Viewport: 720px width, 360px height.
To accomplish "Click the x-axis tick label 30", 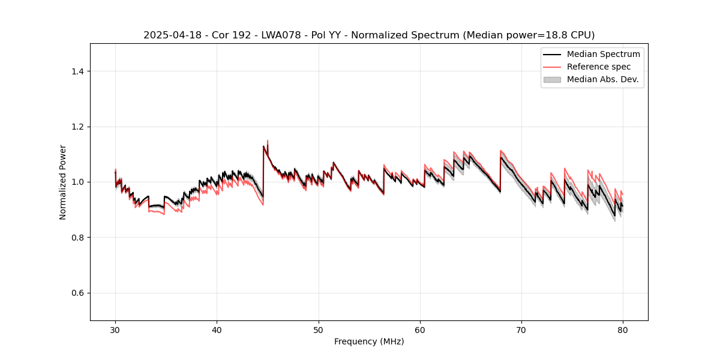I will pyautogui.click(x=115, y=329).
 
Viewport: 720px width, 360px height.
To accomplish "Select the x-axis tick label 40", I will pyautogui.click(x=217, y=329).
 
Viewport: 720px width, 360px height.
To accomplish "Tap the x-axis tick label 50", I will pyautogui.click(x=319, y=329).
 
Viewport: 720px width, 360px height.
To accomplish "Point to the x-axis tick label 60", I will pyautogui.click(x=420, y=329).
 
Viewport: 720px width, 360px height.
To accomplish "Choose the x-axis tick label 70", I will pyautogui.click(x=521, y=329).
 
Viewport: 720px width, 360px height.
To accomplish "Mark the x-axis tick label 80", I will pyautogui.click(x=623, y=329).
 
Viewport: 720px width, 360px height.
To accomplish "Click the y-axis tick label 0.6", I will pyautogui.click(x=77, y=293).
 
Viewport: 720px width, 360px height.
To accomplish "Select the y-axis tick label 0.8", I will pyautogui.click(x=77, y=238).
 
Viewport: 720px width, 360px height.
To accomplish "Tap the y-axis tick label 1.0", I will pyautogui.click(x=77, y=182).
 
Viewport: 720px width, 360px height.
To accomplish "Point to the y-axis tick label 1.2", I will pyautogui.click(x=77, y=127).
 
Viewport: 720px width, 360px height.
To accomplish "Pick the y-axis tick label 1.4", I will pyautogui.click(x=77, y=71).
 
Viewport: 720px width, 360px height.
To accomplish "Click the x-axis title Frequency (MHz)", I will pyautogui.click(x=369, y=341).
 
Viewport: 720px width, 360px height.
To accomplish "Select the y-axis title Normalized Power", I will pyautogui.click(x=63, y=182).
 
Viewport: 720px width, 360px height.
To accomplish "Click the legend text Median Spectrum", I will pyautogui.click(x=603, y=54).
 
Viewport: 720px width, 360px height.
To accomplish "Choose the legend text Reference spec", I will pyautogui.click(x=599, y=67).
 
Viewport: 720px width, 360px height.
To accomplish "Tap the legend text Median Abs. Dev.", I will pyautogui.click(x=602, y=79).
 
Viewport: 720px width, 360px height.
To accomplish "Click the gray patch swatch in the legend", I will pyautogui.click(x=552, y=79).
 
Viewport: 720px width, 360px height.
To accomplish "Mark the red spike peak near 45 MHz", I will pyautogui.click(x=268, y=140).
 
